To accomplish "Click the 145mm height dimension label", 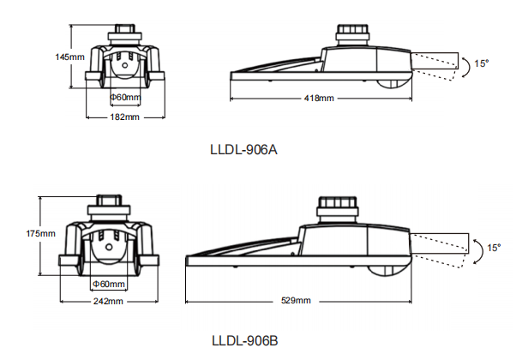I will point(69,57).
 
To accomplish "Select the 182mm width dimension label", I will point(125,117).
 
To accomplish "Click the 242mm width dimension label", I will point(107,302).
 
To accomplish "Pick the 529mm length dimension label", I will point(297,301).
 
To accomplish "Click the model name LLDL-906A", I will point(243,149).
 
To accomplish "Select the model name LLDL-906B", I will point(244,341).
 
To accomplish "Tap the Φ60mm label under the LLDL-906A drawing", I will point(126,97).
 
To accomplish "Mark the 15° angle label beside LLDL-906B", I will point(494,248).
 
